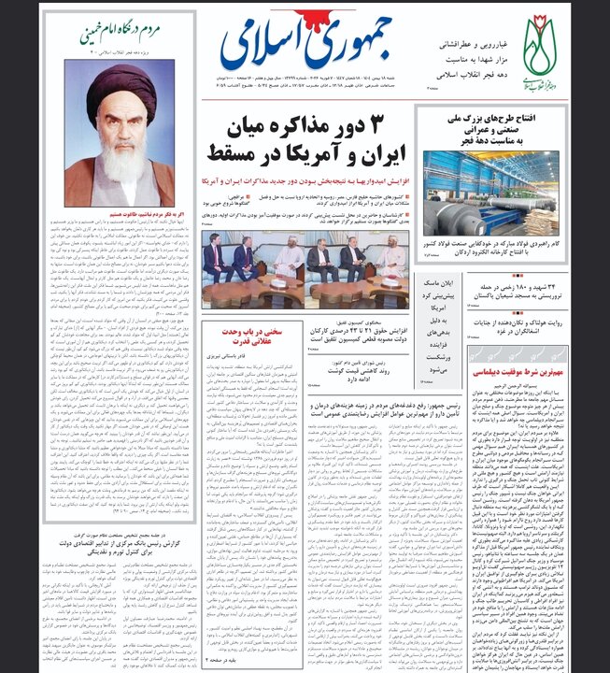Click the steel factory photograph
491,193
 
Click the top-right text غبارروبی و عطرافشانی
467,44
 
